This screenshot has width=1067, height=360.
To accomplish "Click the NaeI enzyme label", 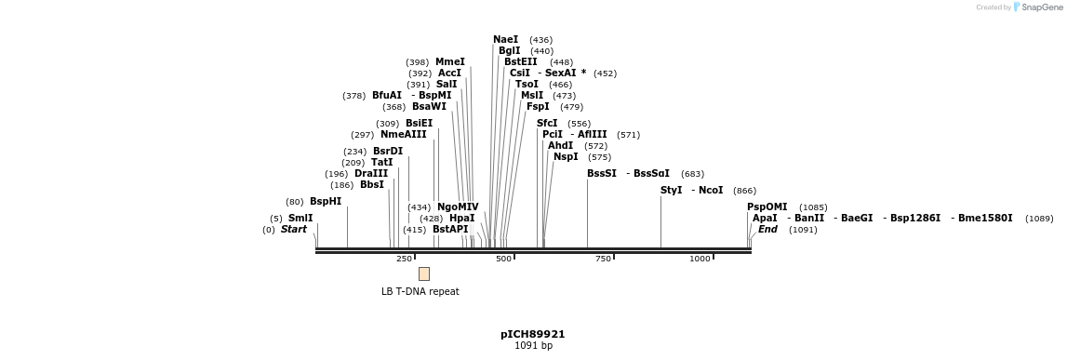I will [x=505, y=40].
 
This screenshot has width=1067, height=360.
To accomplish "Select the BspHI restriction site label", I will [x=326, y=202].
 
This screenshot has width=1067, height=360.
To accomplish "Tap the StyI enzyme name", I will [x=671, y=191].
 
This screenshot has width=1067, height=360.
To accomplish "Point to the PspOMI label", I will [x=767, y=207].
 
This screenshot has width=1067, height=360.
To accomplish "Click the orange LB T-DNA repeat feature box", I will [x=424, y=273].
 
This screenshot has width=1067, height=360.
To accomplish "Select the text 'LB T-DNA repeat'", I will [x=420, y=291].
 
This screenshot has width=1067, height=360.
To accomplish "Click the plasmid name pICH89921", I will [x=533, y=334].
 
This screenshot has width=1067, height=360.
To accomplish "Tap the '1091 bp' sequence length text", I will [x=533, y=346].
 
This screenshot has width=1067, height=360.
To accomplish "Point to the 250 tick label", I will [x=404, y=259].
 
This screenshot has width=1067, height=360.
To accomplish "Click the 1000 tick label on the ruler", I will [x=700, y=259].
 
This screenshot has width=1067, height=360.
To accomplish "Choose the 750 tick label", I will [x=603, y=259].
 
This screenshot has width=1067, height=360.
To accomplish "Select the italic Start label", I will [x=293, y=230].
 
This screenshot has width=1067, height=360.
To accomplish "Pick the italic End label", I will [x=767, y=230].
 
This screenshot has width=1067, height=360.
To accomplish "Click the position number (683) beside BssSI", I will [x=692, y=174].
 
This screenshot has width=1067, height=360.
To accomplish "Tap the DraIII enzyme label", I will [x=371, y=174].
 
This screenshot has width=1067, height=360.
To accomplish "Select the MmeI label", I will [x=449, y=62].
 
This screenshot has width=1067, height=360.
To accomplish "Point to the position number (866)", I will [x=744, y=191].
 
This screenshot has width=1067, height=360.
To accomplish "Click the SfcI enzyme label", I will [x=547, y=124].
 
